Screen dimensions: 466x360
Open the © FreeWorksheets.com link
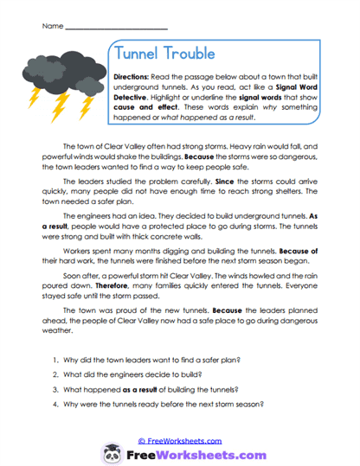coord(180,439)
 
